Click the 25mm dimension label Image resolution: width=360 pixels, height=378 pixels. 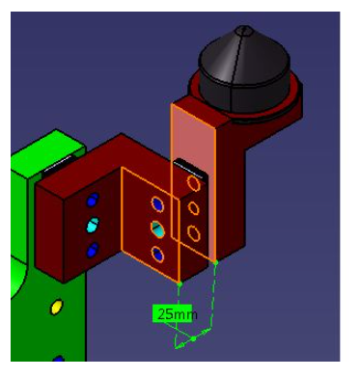pyautogui.click(x=176, y=314)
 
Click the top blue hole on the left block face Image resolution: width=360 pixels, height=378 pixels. pyautogui.click(x=93, y=201)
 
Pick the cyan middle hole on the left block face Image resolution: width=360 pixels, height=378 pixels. pyautogui.click(x=93, y=226)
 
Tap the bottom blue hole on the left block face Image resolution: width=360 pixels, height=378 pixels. pyautogui.click(x=93, y=250)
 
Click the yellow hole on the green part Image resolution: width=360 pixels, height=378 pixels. pyautogui.click(x=56, y=307)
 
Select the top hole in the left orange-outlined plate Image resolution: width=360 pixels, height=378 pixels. pyautogui.click(x=157, y=204)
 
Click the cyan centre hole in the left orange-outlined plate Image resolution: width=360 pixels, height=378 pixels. pyautogui.click(x=157, y=229)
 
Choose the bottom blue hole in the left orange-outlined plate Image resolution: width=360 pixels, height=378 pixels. pyautogui.click(x=157, y=255)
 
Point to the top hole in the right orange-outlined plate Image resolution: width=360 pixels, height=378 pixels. pyautogui.click(x=193, y=183)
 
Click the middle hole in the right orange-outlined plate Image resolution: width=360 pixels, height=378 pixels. pyautogui.click(x=193, y=207)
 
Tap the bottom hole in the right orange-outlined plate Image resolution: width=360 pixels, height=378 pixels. pyautogui.click(x=193, y=232)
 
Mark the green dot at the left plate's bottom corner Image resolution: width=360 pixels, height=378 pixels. pyautogui.click(x=180, y=284)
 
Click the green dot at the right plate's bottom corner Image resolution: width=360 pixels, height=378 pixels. pyautogui.click(x=215, y=261)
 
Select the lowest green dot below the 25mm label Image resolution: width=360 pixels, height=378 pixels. pyautogui.click(x=192, y=338)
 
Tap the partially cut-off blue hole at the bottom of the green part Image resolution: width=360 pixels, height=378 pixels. pyautogui.click(x=57, y=361)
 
